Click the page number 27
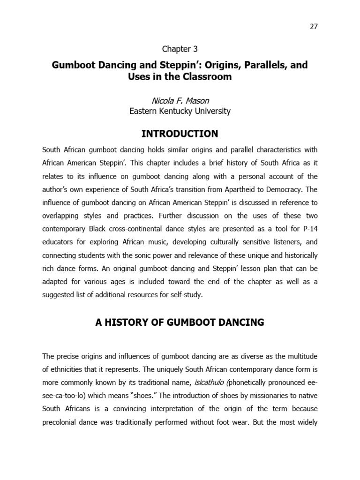click(314, 26)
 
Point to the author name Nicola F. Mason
click(180, 100)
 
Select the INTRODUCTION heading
click(180, 134)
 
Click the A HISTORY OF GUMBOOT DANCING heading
click(180, 322)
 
